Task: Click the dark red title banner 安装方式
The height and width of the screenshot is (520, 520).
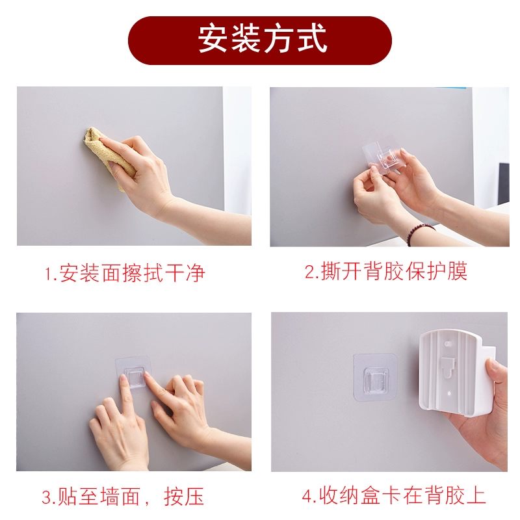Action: (259, 40)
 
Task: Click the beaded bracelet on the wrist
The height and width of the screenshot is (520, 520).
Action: (419, 233)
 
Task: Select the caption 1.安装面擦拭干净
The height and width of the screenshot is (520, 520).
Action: (125, 273)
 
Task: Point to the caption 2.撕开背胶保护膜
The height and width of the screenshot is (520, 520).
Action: (386, 271)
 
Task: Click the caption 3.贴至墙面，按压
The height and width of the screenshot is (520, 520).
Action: (123, 497)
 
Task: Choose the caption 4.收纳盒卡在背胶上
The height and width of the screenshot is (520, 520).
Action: (394, 495)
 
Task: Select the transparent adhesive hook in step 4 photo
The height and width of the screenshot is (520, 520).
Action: (376, 377)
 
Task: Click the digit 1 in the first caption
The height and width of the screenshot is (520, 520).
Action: (47, 274)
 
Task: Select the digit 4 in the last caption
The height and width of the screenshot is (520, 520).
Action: (307, 497)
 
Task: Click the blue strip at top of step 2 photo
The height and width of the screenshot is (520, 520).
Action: (450, 88)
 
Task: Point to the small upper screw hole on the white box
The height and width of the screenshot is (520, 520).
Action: (448, 344)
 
